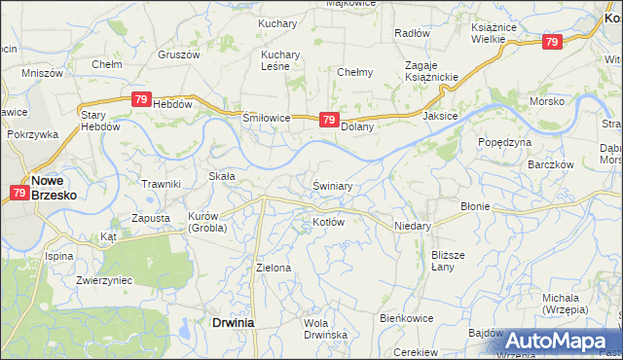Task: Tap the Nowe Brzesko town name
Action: click(55, 187)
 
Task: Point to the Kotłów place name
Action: click(328, 222)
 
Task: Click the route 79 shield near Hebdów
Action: click(141, 99)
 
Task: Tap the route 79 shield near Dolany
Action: click(329, 121)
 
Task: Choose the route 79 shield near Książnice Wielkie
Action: click(552, 42)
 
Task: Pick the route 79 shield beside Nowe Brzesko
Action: click(20, 193)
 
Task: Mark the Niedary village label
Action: click(413, 223)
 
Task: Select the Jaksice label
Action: click(440, 115)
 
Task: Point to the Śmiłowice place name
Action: click(267, 118)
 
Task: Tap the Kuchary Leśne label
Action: click(280, 60)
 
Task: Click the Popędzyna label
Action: click(504, 142)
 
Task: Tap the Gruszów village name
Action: click(178, 54)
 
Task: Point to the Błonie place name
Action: click(475, 206)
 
